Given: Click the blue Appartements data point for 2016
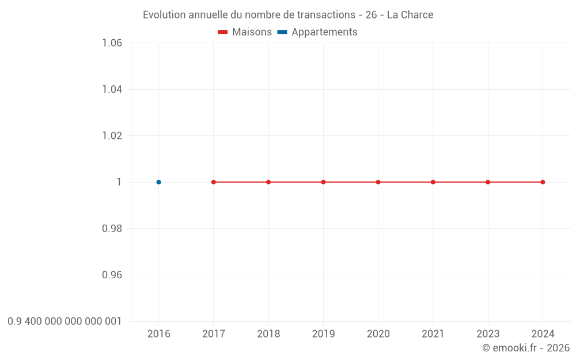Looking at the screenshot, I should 158,182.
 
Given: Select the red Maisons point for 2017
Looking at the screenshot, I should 214,182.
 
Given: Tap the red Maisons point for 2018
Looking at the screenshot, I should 268,182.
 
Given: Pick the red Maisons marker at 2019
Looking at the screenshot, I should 323,182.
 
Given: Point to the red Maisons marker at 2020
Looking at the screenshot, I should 378,182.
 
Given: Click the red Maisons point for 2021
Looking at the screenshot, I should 433,182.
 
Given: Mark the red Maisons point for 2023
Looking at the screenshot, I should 488,182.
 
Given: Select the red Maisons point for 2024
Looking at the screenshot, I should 543,182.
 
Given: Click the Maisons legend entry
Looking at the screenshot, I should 245,32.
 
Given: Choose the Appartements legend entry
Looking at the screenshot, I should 317,32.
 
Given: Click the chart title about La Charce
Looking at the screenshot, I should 288,15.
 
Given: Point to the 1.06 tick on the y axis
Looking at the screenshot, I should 112,43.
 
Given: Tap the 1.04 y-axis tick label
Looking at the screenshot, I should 112,89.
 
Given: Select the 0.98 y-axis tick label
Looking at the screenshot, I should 112,229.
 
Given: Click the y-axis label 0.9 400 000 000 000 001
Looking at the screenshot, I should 65,321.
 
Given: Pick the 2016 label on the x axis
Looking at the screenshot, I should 158,334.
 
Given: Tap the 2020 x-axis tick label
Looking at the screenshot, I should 378,334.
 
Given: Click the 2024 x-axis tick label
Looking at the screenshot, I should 543,334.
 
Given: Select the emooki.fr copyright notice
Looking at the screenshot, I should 525,348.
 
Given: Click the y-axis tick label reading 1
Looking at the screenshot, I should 119,182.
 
